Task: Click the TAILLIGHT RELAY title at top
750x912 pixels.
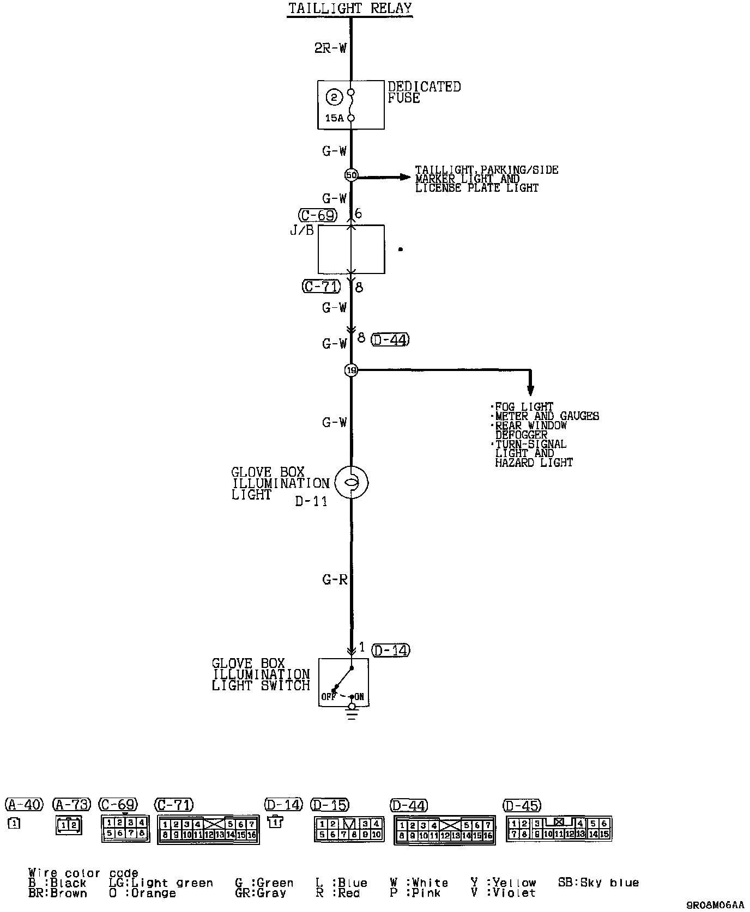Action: [x=350, y=9]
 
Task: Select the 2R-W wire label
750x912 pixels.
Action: [x=330, y=48]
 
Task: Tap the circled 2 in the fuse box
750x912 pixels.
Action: [x=334, y=98]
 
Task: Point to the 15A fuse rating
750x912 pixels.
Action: [x=334, y=118]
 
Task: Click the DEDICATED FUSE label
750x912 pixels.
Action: [x=424, y=92]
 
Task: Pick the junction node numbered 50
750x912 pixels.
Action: [x=351, y=175]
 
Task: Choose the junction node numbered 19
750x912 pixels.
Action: [x=351, y=370]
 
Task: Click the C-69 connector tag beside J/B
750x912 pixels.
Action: [x=318, y=215]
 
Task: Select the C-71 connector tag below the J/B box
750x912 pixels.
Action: [x=322, y=286]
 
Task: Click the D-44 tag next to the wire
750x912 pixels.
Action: [x=390, y=339]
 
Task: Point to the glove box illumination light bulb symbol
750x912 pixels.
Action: [x=352, y=482]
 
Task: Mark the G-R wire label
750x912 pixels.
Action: [x=335, y=580]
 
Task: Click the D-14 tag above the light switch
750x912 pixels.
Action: [x=391, y=650]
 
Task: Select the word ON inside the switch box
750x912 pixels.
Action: [x=360, y=697]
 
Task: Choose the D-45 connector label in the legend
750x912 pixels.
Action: [x=522, y=805]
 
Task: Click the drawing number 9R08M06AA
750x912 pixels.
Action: [x=715, y=905]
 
